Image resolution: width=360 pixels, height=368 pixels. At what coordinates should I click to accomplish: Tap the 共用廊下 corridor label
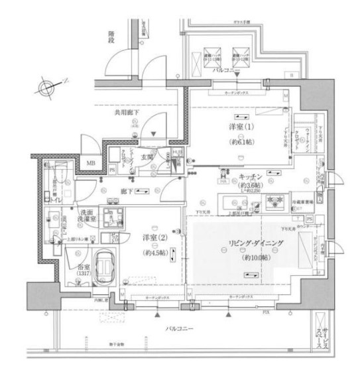pyautogui.click(x=127, y=113)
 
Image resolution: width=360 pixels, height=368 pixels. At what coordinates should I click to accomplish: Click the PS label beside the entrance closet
pyautogui.click(x=112, y=170)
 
